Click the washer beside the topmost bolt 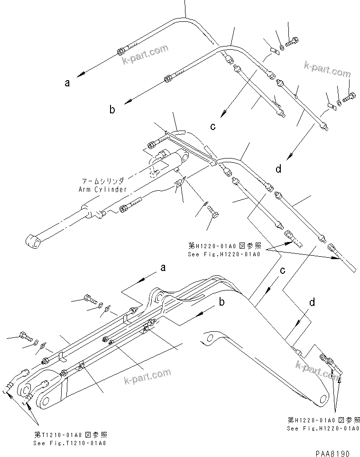point(282,47)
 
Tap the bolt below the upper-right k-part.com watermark point(352,96)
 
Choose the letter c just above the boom point(282,270)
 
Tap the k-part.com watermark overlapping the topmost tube point(145,53)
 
